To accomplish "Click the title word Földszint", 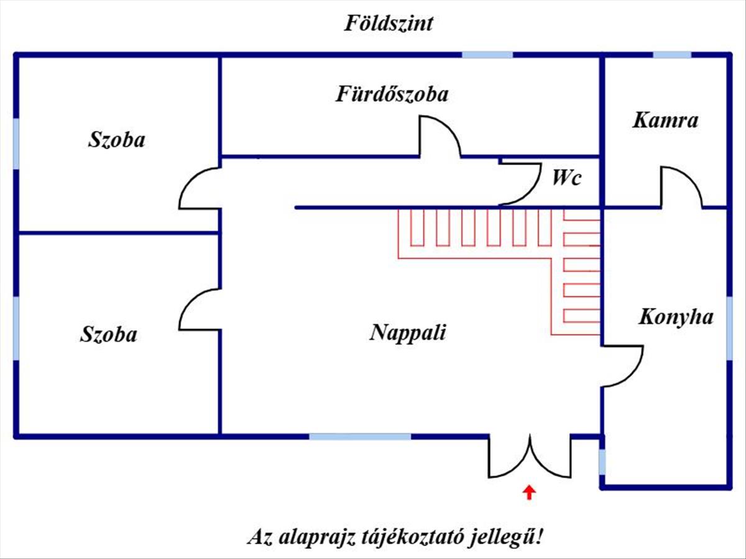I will pos(389,24).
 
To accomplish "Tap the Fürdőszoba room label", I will pos(392,94).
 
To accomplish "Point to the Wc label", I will pos(567,178).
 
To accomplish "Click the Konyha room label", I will pos(676,317).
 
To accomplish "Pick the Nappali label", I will pos(408,332).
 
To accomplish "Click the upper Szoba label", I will pos(116,140).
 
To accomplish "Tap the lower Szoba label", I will pos(108,335).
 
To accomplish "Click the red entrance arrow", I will pos(529,493).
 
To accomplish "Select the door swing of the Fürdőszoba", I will pos(440,135).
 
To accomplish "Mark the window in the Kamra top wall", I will pos(671,55).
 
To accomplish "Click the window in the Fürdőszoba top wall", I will pos(487,55).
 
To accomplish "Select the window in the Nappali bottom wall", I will pos(360,437).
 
